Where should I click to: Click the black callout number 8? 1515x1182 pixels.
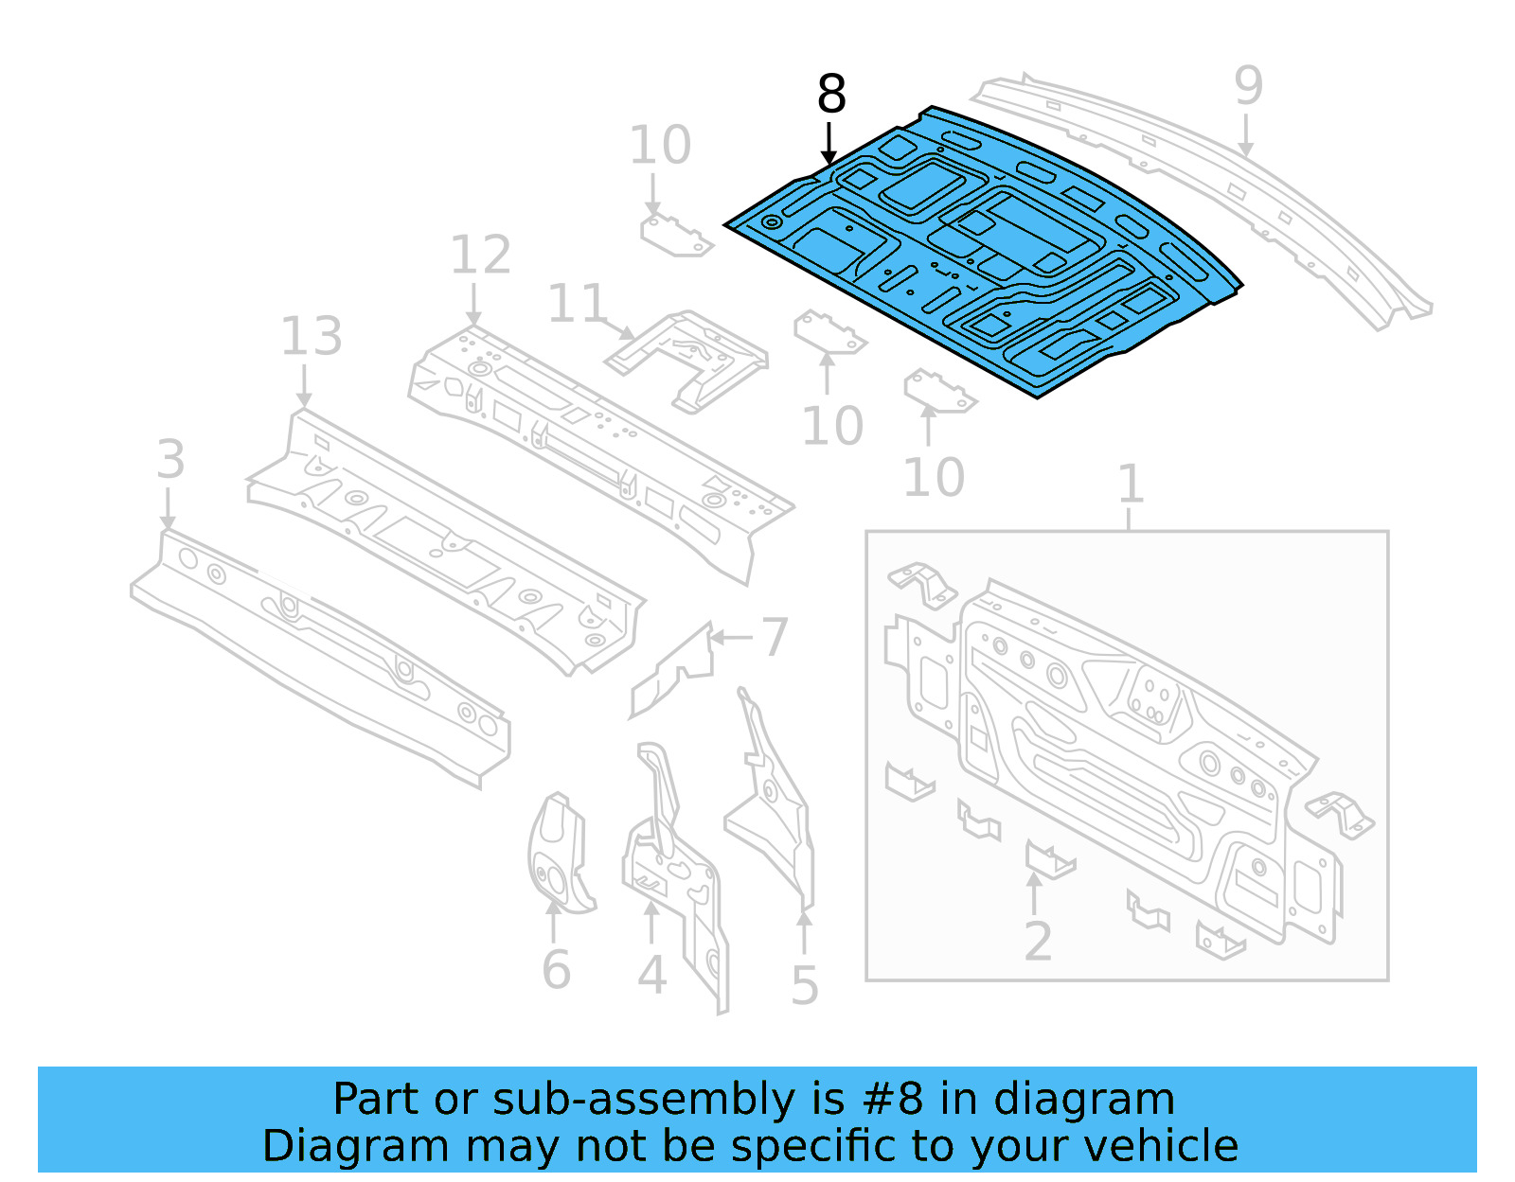(830, 95)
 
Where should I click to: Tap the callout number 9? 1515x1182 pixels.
(1248, 86)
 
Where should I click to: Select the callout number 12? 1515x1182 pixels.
(480, 256)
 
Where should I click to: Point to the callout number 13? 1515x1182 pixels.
(311, 337)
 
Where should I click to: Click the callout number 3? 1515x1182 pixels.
(170, 460)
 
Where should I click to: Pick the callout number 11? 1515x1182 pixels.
(577, 305)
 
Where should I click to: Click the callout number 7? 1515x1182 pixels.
(775, 637)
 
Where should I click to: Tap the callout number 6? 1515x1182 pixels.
(556, 970)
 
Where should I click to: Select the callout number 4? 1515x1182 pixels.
(651, 975)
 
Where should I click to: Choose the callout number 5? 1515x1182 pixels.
(804, 986)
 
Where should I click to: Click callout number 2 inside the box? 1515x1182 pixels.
(1038, 942)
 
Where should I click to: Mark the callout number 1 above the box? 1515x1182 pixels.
(1131, 485)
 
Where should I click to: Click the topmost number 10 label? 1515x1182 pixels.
(660, 146)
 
